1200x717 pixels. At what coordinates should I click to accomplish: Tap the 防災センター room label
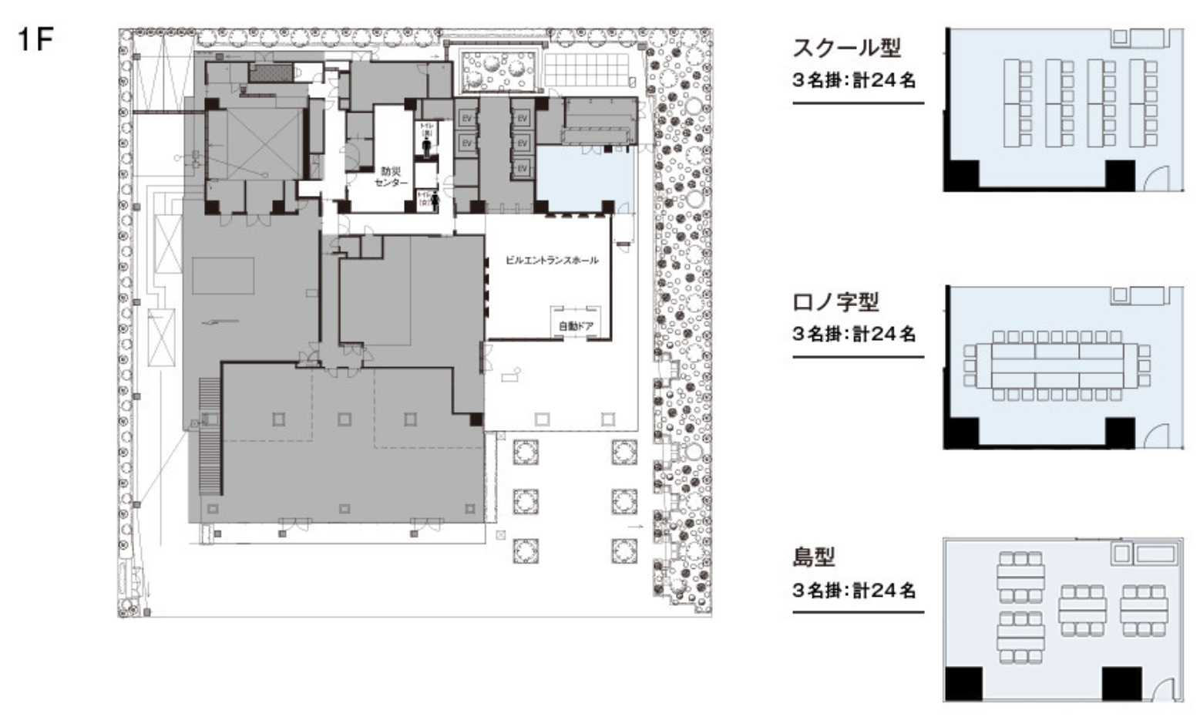pos(392,177)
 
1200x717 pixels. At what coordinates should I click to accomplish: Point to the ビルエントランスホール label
pos(551,261)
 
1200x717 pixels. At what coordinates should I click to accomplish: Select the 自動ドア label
pos(576,326)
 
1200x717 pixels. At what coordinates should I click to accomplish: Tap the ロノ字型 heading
pos(835,301)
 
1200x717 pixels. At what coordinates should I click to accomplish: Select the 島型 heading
pos(814,556)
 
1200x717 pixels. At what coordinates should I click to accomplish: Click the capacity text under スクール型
pos(854,79)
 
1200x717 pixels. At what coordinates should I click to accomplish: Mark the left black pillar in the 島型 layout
pos(964,684)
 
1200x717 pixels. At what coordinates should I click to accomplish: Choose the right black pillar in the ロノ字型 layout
pos(1120,432)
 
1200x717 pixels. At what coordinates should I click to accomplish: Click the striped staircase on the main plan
pos(210,436)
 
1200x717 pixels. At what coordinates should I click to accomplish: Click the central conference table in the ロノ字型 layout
pos(1057,365)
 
